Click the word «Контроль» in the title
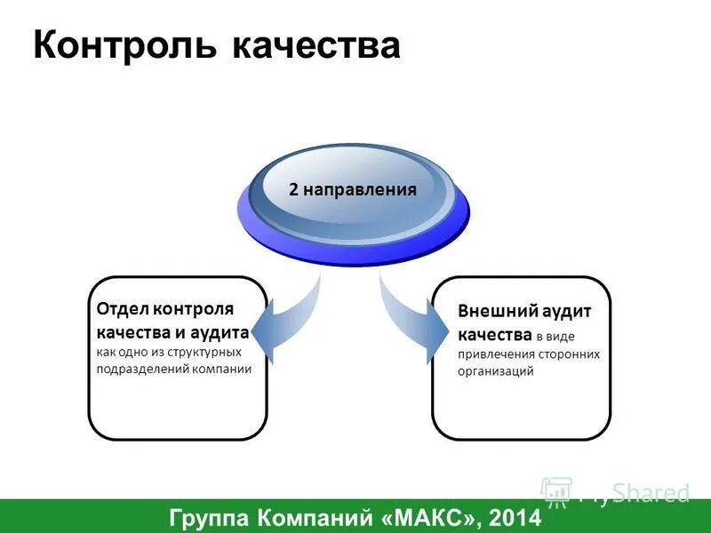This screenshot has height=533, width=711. [124, 44]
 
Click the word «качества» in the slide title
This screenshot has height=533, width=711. [316, 44]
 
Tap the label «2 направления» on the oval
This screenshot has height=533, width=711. [352, 189]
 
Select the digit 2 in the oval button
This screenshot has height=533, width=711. [293, 189]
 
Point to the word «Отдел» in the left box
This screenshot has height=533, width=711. [123, 309]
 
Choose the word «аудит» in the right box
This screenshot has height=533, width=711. [563, 313]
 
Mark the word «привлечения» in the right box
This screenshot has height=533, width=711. [492, 354]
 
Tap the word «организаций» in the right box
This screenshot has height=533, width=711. [496, 371]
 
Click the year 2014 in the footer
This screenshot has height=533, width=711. [514, 516]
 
